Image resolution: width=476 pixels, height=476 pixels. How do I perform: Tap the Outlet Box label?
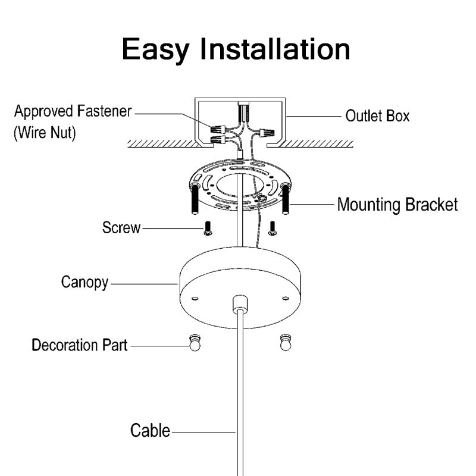pos(377,115)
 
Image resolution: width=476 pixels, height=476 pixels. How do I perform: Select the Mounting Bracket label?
pos(397,205)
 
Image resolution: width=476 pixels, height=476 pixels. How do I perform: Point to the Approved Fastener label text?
pos(73,111)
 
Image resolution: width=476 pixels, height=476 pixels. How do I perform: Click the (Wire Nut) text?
pos(45,133)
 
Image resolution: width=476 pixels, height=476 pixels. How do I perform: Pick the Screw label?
pos(121,227)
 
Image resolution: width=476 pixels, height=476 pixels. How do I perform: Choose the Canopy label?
pos(85,281)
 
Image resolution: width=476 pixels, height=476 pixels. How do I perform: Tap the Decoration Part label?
pos(79,345)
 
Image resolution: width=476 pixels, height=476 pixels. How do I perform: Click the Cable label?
pos(150,430)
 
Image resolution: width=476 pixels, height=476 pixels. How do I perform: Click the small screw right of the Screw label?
pos(208,228)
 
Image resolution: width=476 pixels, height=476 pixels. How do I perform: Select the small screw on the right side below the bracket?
pos(273,228)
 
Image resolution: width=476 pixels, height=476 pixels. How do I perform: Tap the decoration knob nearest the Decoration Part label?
pos(195,344)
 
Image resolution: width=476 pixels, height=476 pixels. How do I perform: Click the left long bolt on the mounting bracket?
pos(194,201)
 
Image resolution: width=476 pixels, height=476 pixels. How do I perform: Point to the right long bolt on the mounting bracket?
pos(285,201)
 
